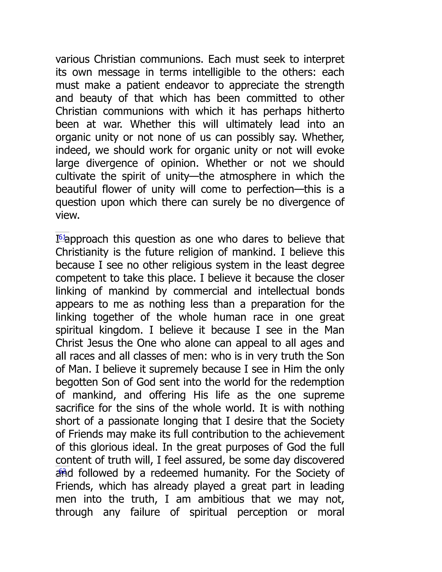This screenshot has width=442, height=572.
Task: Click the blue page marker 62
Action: pyautogui.click(x=62, y=471)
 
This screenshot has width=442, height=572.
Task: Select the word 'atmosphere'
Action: pyautogui.click(x=248, y=176)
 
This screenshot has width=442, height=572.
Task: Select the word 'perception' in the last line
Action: pyautogui.click(x=262, y=512)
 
